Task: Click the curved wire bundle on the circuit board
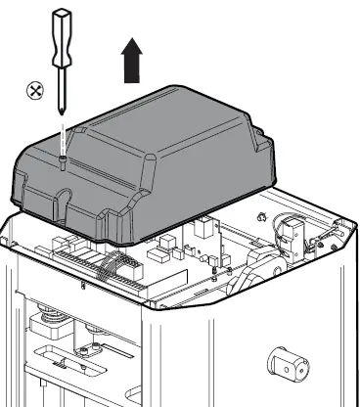tap(117, 262)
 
